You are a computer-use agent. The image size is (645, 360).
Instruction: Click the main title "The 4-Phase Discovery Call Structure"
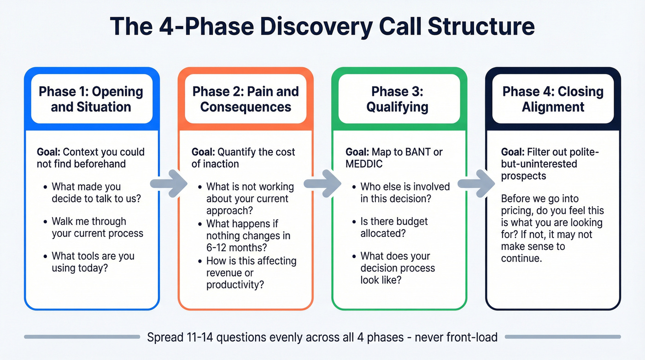coord(322,26)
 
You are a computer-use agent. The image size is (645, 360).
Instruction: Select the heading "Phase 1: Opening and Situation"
coord(91,99)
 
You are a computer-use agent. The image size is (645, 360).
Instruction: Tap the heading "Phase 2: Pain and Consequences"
coord(246,99)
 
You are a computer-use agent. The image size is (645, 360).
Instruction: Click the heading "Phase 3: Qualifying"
coord(397,99)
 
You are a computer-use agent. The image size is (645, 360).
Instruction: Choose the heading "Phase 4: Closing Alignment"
coord(553,99)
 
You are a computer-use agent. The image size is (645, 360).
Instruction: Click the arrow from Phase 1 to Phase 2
coord(169,183)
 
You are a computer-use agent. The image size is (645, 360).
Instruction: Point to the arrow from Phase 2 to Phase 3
coord(322,183)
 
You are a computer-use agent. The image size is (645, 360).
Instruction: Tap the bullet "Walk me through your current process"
coord(97,227)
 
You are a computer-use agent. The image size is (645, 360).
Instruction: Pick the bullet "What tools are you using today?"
coord(93,262)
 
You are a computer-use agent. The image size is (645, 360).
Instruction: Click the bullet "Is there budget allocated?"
coord(394,227)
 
